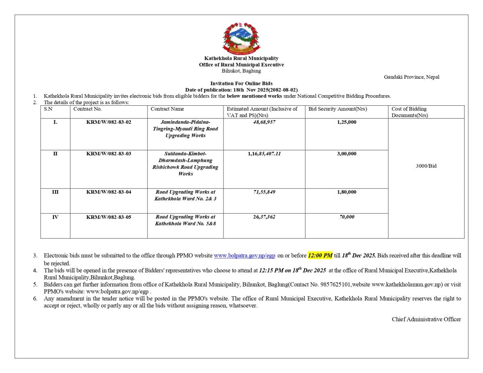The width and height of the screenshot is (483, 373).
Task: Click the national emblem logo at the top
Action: (x=241, y=39)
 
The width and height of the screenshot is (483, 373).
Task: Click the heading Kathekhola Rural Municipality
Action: (x=241, y=59)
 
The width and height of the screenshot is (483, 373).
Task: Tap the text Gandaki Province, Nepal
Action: (x=411, y=77)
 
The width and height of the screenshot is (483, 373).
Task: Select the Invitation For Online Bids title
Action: (x=241, y=84)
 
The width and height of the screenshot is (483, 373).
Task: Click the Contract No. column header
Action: (x=87, y=109)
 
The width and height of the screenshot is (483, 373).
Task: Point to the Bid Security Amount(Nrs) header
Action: (x=337, y=109)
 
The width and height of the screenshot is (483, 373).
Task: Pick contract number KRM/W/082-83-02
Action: (x=109, y=122)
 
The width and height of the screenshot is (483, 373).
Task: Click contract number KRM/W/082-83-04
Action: (x=109, y=192)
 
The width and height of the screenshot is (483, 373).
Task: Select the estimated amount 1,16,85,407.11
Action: (x=264, y=154)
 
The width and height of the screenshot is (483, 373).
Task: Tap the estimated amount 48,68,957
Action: (x=264, y=122)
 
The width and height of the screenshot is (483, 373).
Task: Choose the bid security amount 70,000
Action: (x=346, y=217)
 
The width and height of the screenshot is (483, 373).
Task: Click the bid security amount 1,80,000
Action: (x=346, y=192)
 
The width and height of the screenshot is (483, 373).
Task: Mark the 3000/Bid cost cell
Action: (x=426, y=166)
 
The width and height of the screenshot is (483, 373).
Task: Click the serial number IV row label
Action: (x=55, y=217)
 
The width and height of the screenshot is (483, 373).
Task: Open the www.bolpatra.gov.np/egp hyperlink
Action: (x=244, y=256)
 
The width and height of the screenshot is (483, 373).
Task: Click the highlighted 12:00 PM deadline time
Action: (x=320, y=256)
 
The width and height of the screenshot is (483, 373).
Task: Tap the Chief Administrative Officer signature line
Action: (x=426, y=319)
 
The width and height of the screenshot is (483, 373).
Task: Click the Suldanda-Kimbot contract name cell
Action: (x=185, y=164)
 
